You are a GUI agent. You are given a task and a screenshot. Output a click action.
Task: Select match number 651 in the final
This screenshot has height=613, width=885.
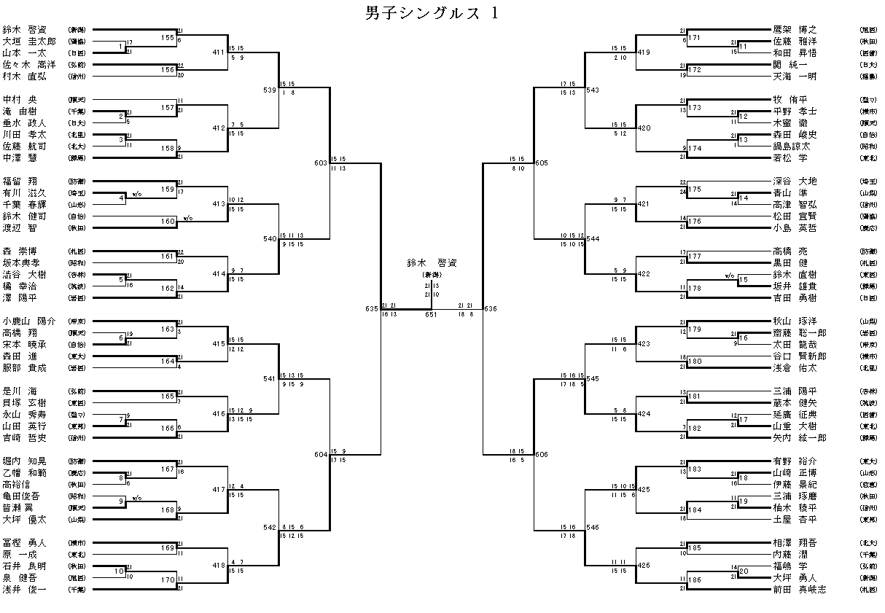(x=431, y=315)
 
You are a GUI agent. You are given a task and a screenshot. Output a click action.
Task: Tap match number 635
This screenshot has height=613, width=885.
(x=372, y=309)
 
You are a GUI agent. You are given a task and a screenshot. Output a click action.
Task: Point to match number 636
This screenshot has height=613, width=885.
(x=490, y=309)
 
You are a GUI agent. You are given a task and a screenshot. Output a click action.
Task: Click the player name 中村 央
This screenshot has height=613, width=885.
(x=23, y=99)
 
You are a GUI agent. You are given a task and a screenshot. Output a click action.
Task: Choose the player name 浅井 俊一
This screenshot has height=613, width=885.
(x=24, y=589)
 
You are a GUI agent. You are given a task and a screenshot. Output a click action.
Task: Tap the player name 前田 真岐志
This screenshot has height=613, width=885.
(x=800, y=589)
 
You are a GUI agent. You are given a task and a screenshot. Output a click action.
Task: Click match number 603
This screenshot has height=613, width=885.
(x=321, y=163)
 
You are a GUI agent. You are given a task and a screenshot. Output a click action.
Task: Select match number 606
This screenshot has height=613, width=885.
(x=541, y=455)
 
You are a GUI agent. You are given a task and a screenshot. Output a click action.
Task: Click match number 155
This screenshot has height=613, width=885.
(x=168, y=36)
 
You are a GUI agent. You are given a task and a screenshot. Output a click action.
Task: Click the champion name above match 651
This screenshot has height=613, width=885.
(x=431, y=262)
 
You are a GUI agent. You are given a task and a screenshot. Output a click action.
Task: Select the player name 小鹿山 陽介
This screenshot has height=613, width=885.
(x=29, y=321)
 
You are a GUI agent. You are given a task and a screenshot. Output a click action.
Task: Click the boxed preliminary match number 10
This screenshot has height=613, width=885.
(x=119, y=571)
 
